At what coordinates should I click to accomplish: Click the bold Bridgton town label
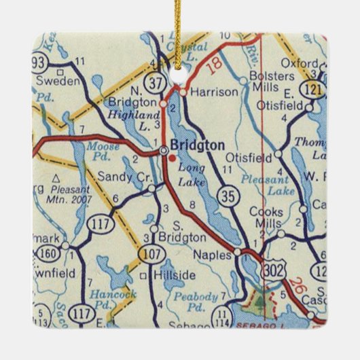point(197,145)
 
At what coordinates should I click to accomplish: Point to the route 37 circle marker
point(156,82)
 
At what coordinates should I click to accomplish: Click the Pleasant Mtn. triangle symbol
point(55,178)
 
